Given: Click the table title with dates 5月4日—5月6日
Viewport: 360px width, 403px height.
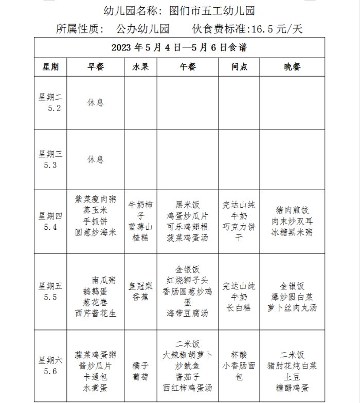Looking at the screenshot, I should click(179, 48).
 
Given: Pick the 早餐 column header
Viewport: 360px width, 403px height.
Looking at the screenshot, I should click(95, 67).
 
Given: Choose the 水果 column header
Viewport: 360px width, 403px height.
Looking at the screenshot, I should click(140, 67).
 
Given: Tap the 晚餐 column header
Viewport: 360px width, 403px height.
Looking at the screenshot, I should click(292, 67).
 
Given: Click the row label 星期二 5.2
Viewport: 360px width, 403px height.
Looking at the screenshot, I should click(50, 102).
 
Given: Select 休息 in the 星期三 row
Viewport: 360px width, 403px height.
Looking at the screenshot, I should click(95, 159).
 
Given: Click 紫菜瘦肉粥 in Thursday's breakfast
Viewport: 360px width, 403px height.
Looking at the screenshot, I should click(95, 199).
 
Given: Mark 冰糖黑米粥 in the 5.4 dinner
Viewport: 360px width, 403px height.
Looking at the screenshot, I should click(292, 232).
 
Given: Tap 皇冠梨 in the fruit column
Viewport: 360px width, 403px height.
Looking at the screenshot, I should click(140, 286).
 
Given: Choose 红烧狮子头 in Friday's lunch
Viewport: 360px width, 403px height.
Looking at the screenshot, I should click(187, 280).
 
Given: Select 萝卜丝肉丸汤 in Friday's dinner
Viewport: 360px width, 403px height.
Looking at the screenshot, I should click(292, 307).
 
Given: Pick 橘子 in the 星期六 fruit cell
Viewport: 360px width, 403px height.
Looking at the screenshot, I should click(140, 365).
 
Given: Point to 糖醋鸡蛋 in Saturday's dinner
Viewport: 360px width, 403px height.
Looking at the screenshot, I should click(292, 387).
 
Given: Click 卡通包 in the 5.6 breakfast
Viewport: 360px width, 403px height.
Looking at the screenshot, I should click(95, 377).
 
